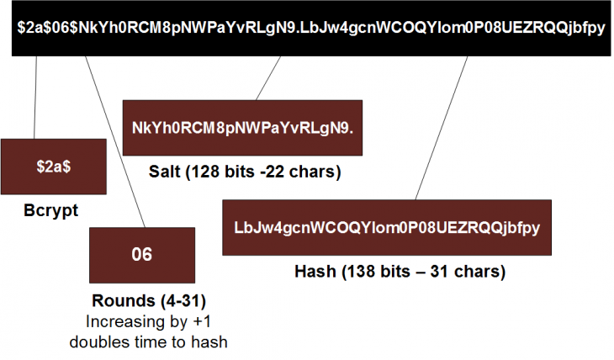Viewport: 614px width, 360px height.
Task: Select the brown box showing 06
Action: [142, 254]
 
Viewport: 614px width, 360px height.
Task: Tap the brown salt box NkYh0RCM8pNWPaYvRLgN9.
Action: [242, 127]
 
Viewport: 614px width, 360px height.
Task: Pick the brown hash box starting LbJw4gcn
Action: [386, 227]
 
